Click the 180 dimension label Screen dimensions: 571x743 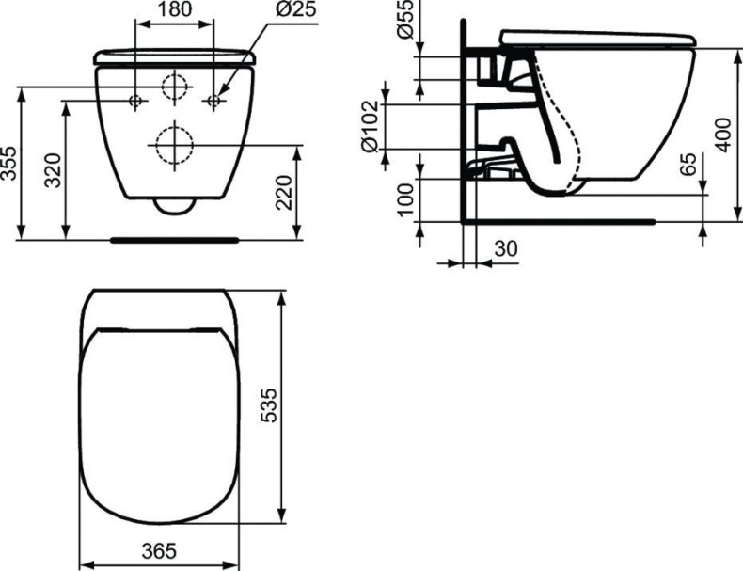pos(174,10)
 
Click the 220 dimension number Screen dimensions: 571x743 pos(287,192)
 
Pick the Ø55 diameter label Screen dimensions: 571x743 pos(405,20)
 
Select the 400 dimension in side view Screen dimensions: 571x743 pos(720,135)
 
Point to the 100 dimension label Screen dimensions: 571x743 pos(405,199)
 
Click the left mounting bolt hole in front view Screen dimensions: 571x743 pos(135,99)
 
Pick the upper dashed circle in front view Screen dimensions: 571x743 pos(175,86)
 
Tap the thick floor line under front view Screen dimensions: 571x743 pos(174,239)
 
